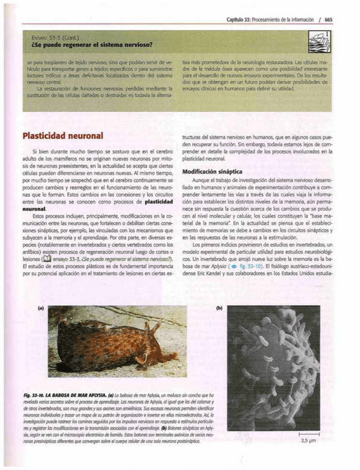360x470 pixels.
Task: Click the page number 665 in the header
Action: coord(328,20)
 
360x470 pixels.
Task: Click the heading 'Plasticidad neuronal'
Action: coord(63,136)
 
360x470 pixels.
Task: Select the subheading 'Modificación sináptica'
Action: coord(212,171)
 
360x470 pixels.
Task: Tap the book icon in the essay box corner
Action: coord(321,42)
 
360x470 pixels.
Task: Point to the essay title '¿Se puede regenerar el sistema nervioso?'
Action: coord(92,45)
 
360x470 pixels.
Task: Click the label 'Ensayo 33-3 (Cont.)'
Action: coord(55,38)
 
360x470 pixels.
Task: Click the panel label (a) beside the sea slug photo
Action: coord(41,308)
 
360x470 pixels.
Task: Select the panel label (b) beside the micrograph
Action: coord(219,308)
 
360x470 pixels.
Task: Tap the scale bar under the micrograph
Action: coord(309,434)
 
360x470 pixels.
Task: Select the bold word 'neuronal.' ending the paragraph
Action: coord(34,209)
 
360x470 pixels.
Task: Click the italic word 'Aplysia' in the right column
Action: coord(219,266)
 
